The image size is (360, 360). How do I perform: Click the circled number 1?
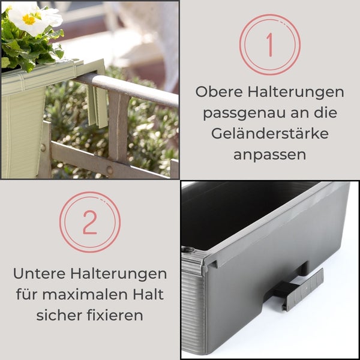click(269, 44)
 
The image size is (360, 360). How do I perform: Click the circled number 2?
click(89, 222)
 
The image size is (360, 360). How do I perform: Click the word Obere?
click(218, 93)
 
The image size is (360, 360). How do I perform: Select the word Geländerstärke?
click(270, 133)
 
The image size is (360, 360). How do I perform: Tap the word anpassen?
click(270, 154)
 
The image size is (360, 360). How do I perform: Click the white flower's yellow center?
click(28, 19)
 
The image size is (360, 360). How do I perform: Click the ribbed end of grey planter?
click(193, 312)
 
